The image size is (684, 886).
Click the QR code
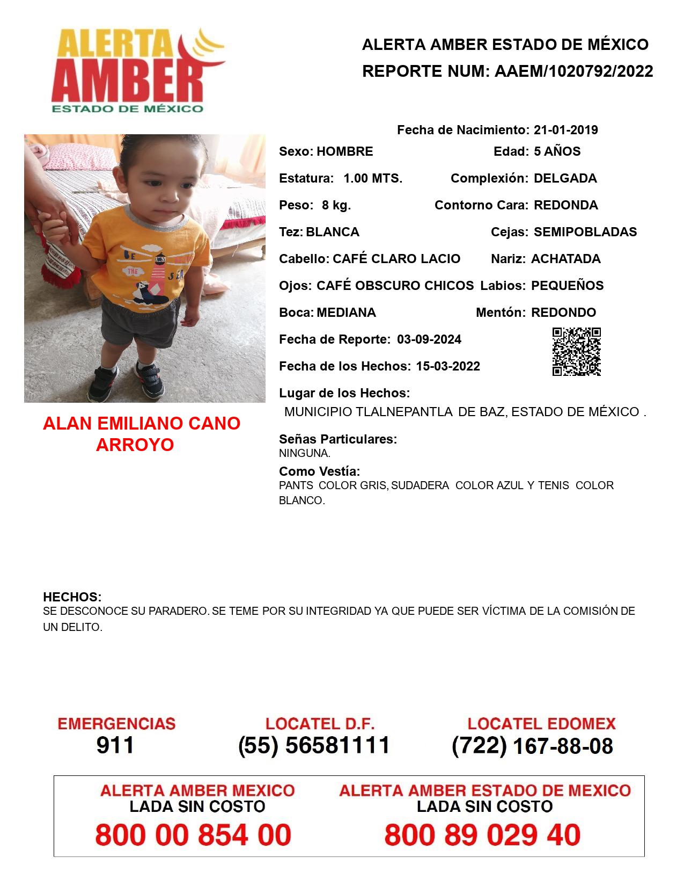[x=576, y=352]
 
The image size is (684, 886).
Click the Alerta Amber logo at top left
[x=137, y=70]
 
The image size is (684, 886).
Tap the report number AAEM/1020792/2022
[x=573, y=71]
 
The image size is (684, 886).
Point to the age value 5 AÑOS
[x=557, y=151]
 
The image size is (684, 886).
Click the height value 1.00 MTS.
[x=373, y=178]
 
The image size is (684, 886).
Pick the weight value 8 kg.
[x=336, y=205]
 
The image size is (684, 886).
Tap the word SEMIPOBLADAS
[x=585, y=232]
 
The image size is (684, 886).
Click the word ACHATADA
[x=565, y=259]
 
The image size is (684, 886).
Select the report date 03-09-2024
[x=429, y=339]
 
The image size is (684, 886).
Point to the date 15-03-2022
[x=448, y=366]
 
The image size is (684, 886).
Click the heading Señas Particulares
[x=337, y=439]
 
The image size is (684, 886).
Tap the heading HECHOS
[x=72, y=597]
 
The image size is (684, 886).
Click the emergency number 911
[x=115, y=745]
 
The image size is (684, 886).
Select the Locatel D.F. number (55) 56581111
[x=314, y=745]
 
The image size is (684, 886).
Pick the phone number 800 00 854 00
[x=193, y=835]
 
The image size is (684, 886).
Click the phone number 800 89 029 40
[x=482, y=835]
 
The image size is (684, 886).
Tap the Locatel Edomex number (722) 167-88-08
[x=532, y=746]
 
